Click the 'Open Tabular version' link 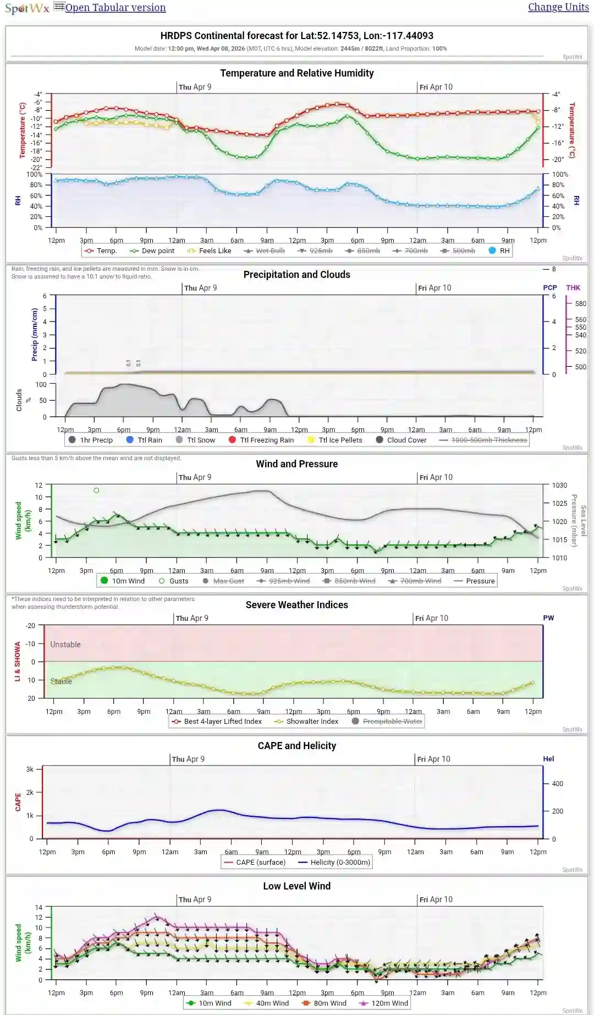(x=115, y=8)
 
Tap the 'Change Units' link (x=558, y=7)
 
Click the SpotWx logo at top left (x=27, y=8)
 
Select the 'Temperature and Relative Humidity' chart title (x=296, y=73)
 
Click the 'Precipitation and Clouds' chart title (x=296, y=275)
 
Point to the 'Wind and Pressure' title (x=296, y=464)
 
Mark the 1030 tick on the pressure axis (x=559, y=485)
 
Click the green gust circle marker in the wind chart (x=96, y=490)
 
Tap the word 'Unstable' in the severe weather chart (x=65, y=645)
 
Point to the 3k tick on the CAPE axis (x=30, y=770)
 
